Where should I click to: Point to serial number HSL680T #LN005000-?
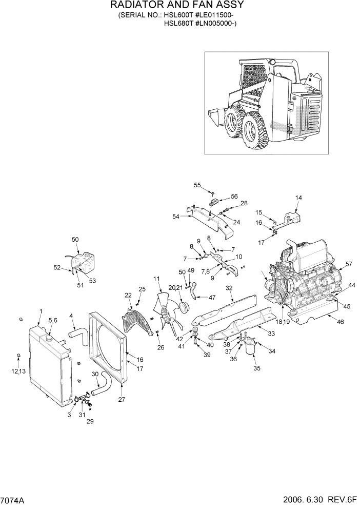(199, 23)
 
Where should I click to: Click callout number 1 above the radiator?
(41, 311)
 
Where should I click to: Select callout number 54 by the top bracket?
(176, 217)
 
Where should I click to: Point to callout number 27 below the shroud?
(121, 399)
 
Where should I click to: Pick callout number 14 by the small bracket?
(298, 198)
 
